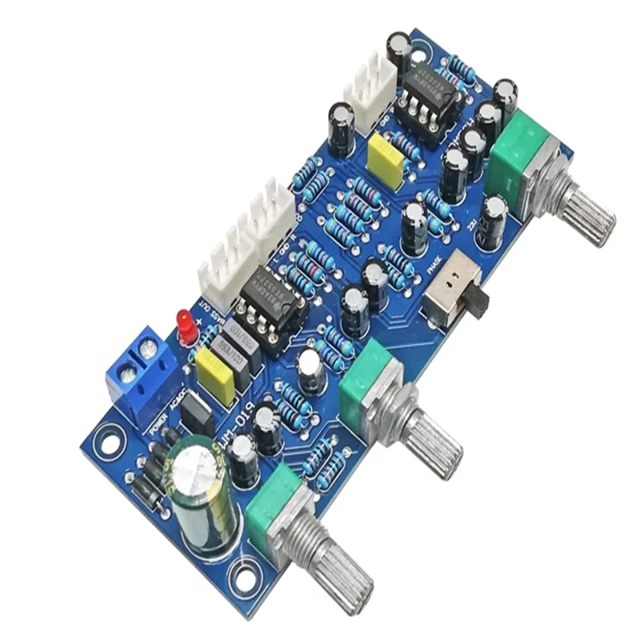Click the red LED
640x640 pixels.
pos(187,324)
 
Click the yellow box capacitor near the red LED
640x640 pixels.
pos(215,375)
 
